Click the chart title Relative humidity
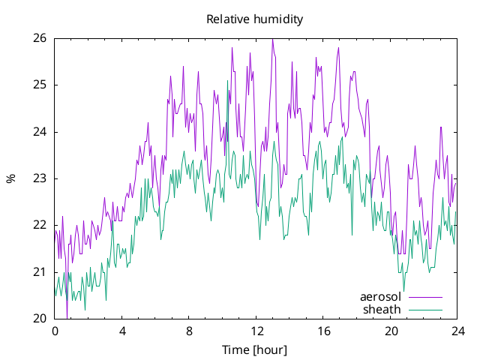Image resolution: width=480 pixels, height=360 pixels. [255, 19]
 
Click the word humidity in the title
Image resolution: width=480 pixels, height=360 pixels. [278, 19]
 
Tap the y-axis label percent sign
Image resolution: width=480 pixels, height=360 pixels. [11, 178]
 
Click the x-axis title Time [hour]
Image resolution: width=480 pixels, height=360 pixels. [255, 350]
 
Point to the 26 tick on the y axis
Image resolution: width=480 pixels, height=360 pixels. [40, 38]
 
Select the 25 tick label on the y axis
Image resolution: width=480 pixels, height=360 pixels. [40, 85]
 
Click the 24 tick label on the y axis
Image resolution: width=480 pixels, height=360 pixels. [40, 132]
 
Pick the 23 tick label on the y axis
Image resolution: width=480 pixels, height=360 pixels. [40, 178]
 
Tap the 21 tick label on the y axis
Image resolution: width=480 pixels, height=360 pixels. [40, 272]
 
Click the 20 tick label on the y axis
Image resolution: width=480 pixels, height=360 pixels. [40, 319]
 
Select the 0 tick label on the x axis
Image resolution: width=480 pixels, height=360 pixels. [55, 331]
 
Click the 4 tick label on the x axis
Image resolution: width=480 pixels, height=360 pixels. [122, 331]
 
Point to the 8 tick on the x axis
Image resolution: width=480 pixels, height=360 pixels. [189, 331]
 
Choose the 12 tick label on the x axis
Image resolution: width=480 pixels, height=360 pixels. [256, 331]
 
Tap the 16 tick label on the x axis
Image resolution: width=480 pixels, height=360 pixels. [323, 331]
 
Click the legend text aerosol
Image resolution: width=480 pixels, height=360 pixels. [380, 297]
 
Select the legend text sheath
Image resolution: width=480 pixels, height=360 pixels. [382, 310]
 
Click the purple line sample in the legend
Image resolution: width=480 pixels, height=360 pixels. [425, 297]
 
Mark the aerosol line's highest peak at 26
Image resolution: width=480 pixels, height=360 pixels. [272, 39]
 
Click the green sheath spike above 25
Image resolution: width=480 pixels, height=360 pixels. [227, 81]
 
